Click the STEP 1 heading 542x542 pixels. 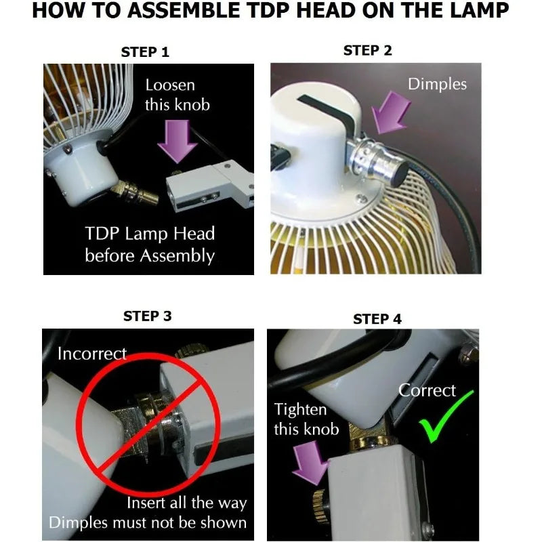[145, 52]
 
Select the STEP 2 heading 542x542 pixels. [367, 50]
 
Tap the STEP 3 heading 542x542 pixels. [147, 316]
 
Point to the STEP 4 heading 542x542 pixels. [377, 318]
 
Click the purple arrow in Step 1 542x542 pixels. [178, 139]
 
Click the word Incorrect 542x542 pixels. [91, 354]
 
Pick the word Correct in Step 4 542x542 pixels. [427, 390]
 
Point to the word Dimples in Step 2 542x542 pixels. [437, 84]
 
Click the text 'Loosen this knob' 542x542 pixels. [177, 95]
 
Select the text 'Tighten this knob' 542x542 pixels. [306, 419]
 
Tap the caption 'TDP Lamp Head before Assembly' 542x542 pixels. [150, 245]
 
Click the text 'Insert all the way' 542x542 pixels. [187, 503]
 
